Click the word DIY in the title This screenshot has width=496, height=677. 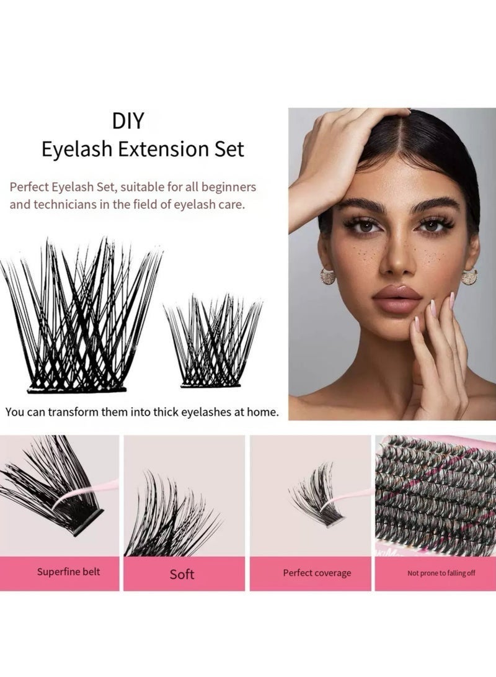click(x=128, y=120)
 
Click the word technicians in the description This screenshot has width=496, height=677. click(x=68, y=204)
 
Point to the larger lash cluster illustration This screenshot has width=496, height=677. click(x=81, y=316)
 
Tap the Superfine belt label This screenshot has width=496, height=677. click(x=68, y=572)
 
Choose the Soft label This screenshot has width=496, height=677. click(x=182, y=574)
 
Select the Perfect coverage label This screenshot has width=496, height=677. click(x=317, y=573)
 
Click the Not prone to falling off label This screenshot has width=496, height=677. click(x=441, y=573)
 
